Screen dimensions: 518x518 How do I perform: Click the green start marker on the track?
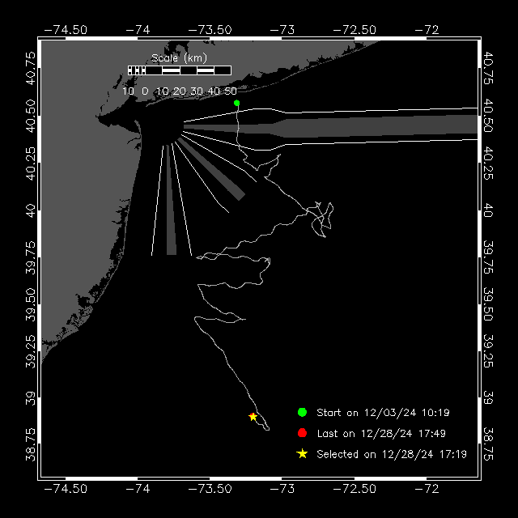click(x=236, y=103)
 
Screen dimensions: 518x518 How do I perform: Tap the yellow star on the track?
click(x=253, y=417)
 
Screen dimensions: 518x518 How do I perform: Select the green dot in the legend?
click(x=302, y=412)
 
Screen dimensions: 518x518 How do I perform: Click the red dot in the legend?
click(x=302, y=433)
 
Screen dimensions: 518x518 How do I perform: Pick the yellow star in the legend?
click(x=302, y=454)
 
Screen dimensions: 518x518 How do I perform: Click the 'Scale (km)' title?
click(x=179, y=58)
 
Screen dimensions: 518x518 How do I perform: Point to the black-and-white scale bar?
click(x=180, y=70)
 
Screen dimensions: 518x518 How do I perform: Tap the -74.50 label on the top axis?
click(x=66, y=30)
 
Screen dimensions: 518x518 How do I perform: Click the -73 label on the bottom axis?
click(x=282, y=489)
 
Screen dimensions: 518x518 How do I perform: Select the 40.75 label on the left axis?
click(x=31, y=68)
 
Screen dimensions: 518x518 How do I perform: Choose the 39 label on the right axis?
click(x=488, y=397)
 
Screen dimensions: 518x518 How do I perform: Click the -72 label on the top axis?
click(x=427, y=30)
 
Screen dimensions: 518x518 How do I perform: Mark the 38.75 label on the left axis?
click(x=31, y=444)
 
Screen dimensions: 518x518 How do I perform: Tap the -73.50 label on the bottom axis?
click(x=210, y=489)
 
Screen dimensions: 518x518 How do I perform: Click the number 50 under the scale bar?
click(x=231, y=91)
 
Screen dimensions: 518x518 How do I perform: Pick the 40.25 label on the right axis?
click(x=488, y=163)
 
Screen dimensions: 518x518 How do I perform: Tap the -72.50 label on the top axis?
click(x=355, y=30)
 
